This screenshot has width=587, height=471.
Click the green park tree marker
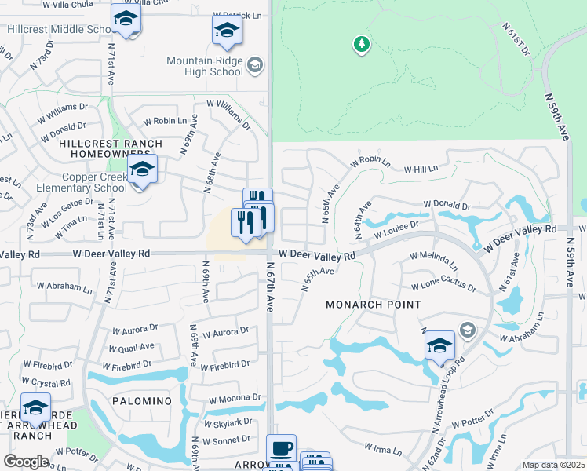tap(361, 44)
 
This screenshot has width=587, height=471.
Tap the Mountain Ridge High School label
tap(204, 65)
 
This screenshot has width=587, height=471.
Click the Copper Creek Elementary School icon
tap(142, 170)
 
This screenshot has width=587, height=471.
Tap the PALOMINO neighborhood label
tap(142, 401)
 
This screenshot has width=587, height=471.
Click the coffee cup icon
tap(282, 449)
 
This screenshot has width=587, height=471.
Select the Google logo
tap(26, 462)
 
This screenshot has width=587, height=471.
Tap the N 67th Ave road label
tap(269, 290)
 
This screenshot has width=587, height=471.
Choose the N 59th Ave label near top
tap(559, 116)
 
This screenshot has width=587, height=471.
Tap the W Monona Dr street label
tap(233, 399)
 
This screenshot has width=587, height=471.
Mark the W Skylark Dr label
tap(228, 422)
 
